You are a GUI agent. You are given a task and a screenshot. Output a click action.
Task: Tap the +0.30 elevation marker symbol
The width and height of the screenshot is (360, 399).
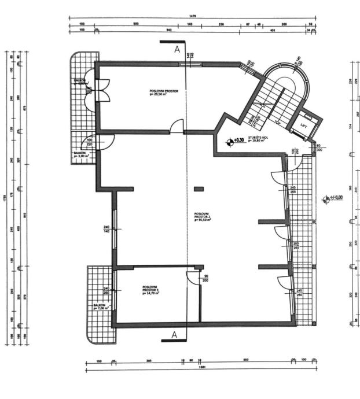231,139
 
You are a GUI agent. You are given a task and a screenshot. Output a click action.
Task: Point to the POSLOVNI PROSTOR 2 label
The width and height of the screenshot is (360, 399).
203,217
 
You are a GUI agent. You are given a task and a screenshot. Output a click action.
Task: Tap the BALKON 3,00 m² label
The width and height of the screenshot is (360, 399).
80,154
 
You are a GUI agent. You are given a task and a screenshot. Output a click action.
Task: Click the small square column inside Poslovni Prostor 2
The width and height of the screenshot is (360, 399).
199,188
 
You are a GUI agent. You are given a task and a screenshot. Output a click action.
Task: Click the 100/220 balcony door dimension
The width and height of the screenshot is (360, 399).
90,142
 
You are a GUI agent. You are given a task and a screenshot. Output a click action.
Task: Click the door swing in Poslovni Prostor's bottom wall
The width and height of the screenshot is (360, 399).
178,127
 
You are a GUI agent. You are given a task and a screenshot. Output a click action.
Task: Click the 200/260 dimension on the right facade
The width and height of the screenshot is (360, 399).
296,246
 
